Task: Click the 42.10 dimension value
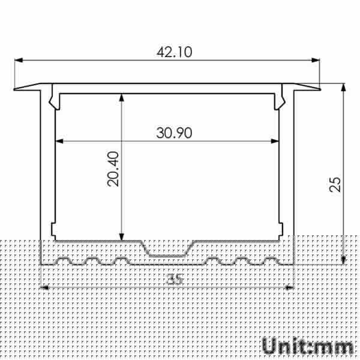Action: pyautogui.click(x=174, y=52)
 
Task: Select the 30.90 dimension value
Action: pyautogui.click(x=174, y=133)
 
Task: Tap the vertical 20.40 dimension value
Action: pyautogui.click(x=114, y=169)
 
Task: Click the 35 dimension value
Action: pyautogui.click(x=175, y=280)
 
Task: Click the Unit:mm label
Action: pyautogui.click(x=307, y=346)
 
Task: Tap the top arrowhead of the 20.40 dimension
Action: pyautogui.click(x=122, y=97)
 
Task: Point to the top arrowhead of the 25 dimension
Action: pyautogui.click(x=343, y=88)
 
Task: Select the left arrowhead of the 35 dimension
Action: pyautogui.click(x=43, y=288)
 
